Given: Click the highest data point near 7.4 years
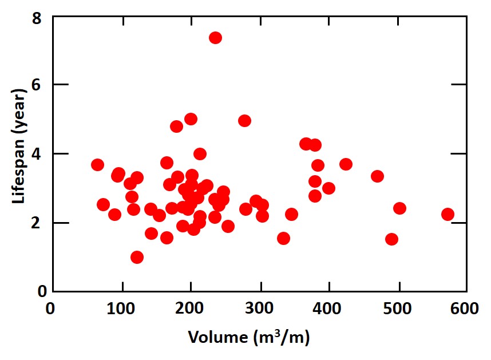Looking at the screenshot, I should [215, 38].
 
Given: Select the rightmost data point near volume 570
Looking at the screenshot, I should [448, 215].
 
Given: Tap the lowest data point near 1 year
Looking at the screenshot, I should [137, 257].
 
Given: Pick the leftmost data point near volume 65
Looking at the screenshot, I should [97, 165].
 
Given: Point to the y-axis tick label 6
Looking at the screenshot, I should [37, 85].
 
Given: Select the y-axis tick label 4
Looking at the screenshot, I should [37, 154].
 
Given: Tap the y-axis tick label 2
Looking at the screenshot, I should [37, 223].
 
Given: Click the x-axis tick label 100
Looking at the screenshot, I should [120, 309].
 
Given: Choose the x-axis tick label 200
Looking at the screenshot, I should [190, 309].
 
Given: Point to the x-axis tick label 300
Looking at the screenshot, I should [259, 309].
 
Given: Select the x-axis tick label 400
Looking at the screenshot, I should [328, 309].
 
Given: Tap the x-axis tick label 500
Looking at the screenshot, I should [398, 309].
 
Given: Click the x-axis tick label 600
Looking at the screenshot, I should [466, 309].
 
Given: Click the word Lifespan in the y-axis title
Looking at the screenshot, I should [19, 172].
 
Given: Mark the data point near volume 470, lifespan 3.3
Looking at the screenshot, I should [377, 176].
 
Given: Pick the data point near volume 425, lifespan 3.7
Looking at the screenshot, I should [346, 164].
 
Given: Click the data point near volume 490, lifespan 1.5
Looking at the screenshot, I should [391, 239].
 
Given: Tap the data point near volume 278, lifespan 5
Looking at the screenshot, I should [244, 121].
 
